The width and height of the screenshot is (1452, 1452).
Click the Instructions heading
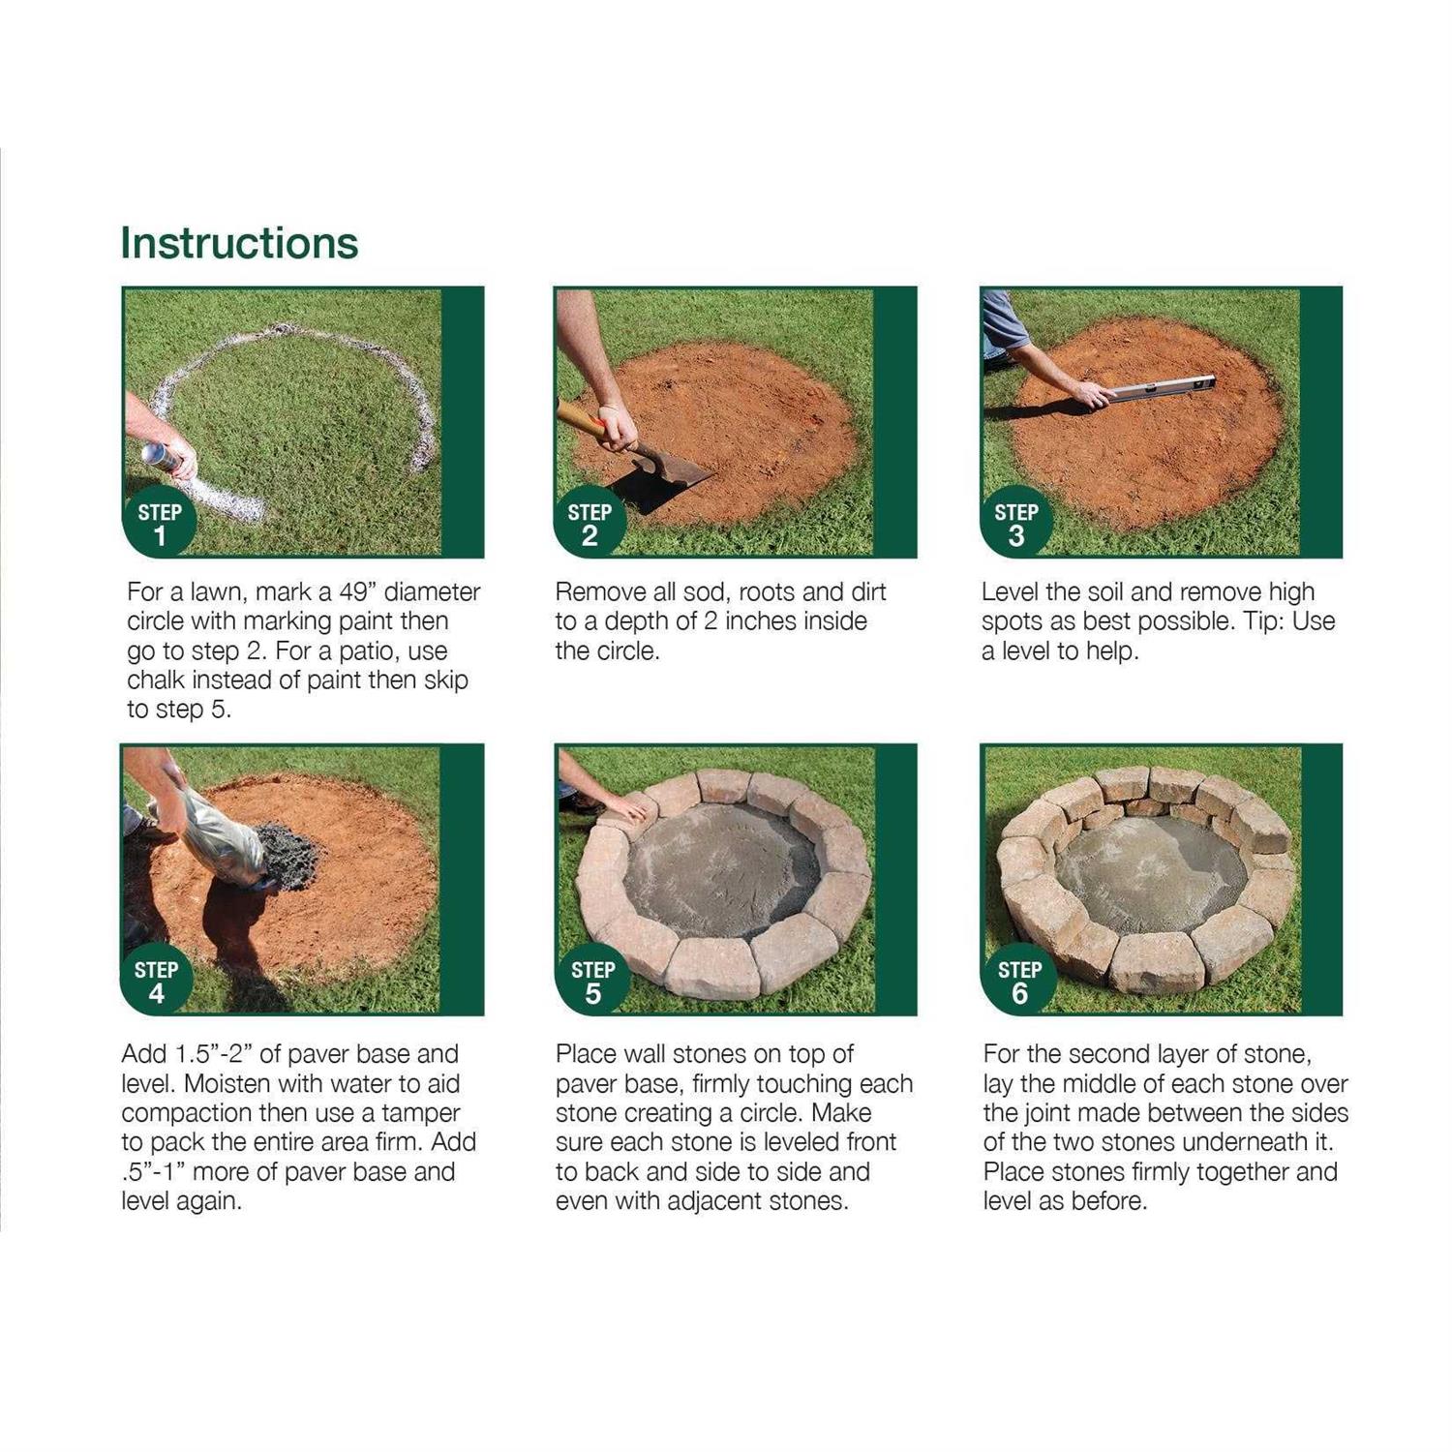(239, 243)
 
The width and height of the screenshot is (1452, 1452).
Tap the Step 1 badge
(160, 524)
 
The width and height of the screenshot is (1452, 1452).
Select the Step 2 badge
(590, 524)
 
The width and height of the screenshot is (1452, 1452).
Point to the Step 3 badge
(1015, 524)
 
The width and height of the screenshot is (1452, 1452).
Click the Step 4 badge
(156, 982)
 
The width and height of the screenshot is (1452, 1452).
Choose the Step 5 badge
(592, 982)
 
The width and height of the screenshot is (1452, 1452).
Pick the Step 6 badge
(1019, 982)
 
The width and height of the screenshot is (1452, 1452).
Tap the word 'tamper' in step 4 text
(420, 1113)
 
